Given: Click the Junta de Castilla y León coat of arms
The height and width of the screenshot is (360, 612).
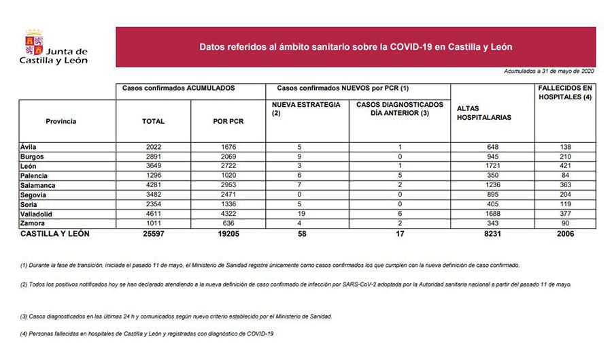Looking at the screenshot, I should click(x=34, y=41).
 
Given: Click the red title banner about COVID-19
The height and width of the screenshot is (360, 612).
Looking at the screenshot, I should click(x=355, y=48).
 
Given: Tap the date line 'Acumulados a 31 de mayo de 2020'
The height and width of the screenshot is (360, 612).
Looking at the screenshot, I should click(x=549, y=71).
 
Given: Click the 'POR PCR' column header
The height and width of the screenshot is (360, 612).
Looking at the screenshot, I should click(x=228, y=121).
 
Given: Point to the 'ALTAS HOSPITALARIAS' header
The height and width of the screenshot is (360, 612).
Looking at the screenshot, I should click(x=484, y=113).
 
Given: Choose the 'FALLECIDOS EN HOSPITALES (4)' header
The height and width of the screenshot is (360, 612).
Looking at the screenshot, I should click(x=565, y=93).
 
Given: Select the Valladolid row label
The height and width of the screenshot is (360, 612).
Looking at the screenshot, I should click(x=38, y=214).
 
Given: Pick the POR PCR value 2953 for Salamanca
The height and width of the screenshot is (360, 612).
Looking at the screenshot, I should click(x=228, y=185).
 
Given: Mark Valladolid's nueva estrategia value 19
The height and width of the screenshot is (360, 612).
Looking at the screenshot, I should click(x=309, y=214).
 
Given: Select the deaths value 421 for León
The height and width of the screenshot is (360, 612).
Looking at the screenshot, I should click(x=565, y=166).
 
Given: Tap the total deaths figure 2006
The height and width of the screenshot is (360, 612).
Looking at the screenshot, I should click(x=565, y=233).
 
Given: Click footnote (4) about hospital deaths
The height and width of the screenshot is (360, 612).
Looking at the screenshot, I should click(x=147, y=333).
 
